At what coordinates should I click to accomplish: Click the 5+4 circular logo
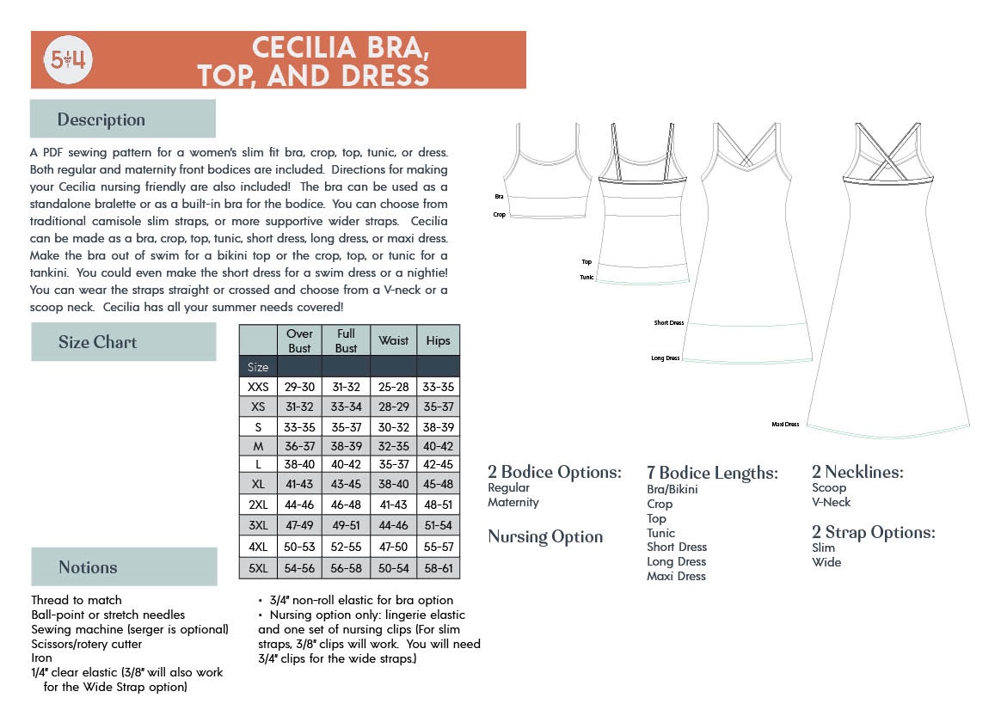click(69, 59)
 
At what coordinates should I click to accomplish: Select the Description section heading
click(101, 119)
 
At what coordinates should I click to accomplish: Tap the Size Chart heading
click(97, 342)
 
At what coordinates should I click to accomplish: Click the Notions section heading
click(88, 567)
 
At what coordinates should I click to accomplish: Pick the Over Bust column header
click(300, 340)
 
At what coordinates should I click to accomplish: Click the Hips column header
click(438, 340)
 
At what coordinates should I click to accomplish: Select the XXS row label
click(258, 388)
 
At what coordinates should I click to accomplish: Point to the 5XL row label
click(258, 568)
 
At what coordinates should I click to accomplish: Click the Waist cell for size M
click(394, 446)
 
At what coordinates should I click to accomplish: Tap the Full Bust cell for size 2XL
click(347, 505)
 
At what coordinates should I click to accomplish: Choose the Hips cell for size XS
click(438, 407)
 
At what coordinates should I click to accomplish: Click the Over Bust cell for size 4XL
click(300, 548)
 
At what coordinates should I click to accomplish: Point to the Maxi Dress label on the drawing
click(786, 425)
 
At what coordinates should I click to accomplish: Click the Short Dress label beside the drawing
click(669, 323)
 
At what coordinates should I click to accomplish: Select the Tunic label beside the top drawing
click(586, 278)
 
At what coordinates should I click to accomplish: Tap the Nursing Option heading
click(545, 537)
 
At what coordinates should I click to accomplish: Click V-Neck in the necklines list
click(831, 502)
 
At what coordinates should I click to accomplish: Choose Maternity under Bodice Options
click(513, 502)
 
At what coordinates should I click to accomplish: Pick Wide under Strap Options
click(826, 562)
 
